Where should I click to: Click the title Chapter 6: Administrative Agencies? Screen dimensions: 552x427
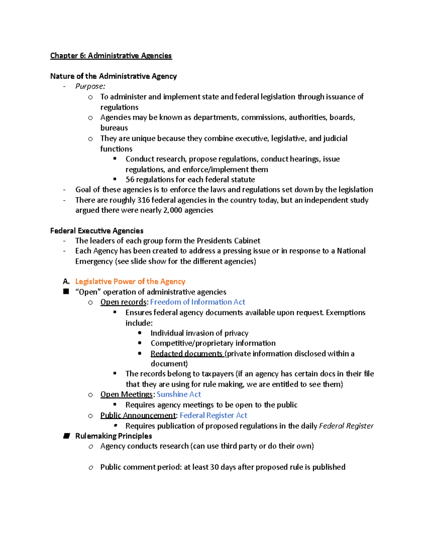(111, 55)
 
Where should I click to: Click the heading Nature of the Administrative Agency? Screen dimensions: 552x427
(113, 76)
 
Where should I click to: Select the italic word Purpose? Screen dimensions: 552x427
(90, 86)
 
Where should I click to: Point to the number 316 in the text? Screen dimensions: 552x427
(143, 200)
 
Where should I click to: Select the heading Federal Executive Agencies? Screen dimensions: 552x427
(96, 231)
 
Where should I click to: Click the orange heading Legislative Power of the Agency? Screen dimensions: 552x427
(130, 282)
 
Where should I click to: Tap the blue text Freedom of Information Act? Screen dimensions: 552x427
(197, 302)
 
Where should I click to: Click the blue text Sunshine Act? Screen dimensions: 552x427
(179, 395)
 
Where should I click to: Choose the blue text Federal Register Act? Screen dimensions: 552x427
(213, 416)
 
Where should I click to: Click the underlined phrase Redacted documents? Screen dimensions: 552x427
(186, 354)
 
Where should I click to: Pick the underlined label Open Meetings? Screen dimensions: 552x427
(126, 395)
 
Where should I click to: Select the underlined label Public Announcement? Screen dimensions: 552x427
(138, 416)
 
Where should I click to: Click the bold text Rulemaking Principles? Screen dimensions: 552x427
(114, 436)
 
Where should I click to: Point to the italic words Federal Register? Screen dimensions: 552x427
(346, 426)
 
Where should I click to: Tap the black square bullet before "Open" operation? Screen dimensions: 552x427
(66, 292)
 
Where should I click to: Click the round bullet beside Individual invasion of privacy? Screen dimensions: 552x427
(140, 333)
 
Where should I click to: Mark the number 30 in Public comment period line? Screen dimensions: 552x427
(214, 467)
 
